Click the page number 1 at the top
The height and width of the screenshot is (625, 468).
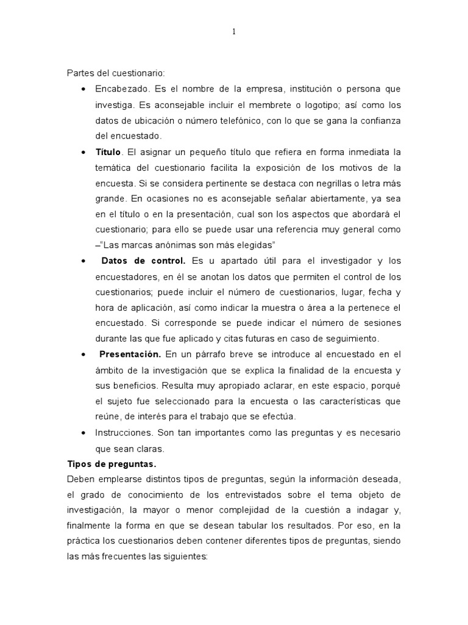click(x=233, y=32)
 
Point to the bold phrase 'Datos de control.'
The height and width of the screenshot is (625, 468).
click(x=143, y=261)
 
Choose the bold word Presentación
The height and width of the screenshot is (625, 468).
click(x=130, y=354)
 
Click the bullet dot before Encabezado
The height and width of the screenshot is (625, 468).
click(x=83, y=89)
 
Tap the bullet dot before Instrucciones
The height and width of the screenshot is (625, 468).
click(x=83, y=432)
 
